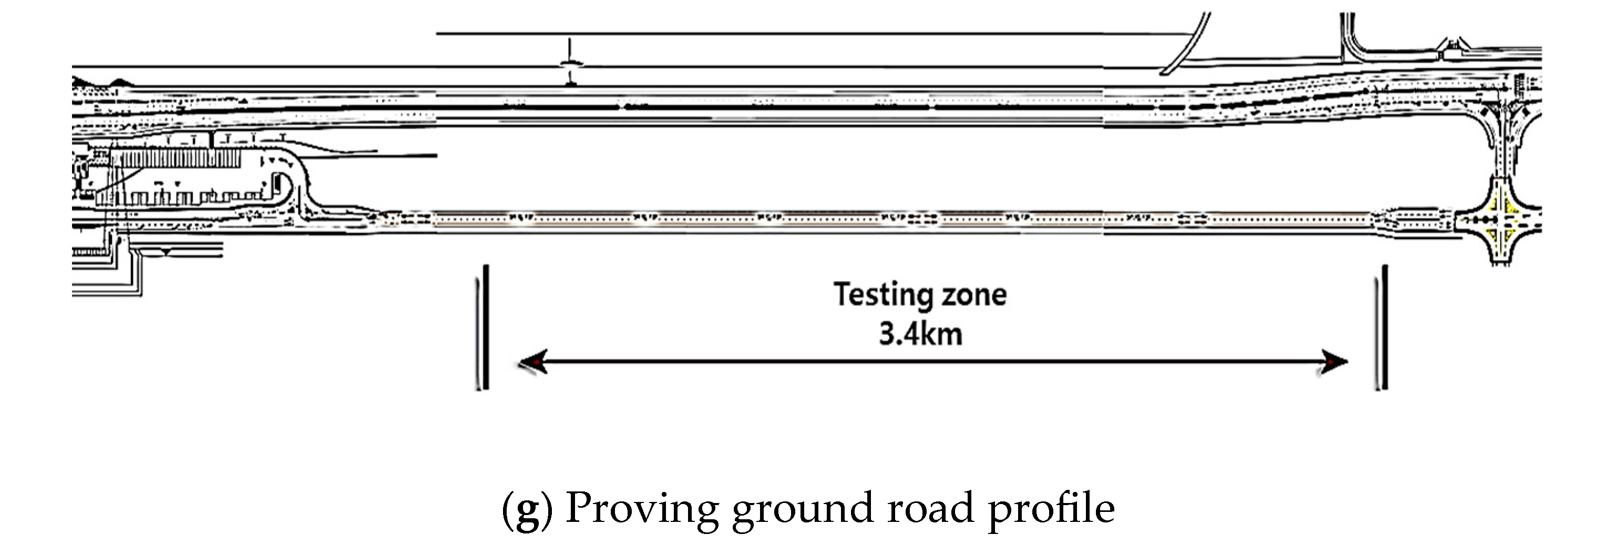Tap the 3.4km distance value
tap(920, 334)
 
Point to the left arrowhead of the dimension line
tap(533, 362)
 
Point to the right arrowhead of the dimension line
tap(1334, 362)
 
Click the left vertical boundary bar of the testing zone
tap(485, 328)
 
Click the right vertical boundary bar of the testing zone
tap(1384, 328)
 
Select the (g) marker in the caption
tap(527, 508)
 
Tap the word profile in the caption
tap(1051, 508)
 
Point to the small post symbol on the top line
tap(570, 62)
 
